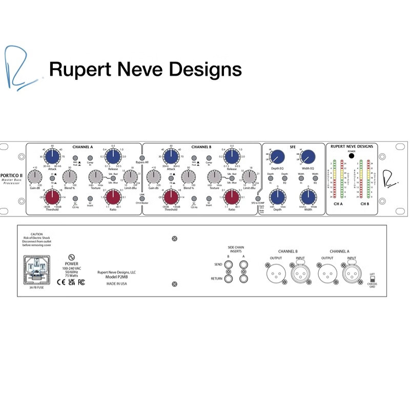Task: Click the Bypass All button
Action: (x=142, y=157)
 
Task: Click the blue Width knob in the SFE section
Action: (x=308, y=197)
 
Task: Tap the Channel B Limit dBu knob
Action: (x=248, y=177)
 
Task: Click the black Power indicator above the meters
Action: (x=351, y=156)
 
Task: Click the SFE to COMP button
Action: (x=258, y=198)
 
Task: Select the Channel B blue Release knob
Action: (x=232, y=158)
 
